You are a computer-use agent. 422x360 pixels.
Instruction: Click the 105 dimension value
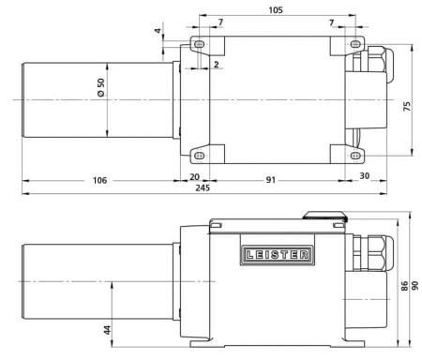pos(276,7)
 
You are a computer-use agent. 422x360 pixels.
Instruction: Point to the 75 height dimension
pos(406,106)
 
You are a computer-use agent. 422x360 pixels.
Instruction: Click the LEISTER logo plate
pos(281,253)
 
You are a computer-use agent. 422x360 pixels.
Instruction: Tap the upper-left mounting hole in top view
pos(199,45)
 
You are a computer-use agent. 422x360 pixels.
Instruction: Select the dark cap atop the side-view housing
pos(324,215)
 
